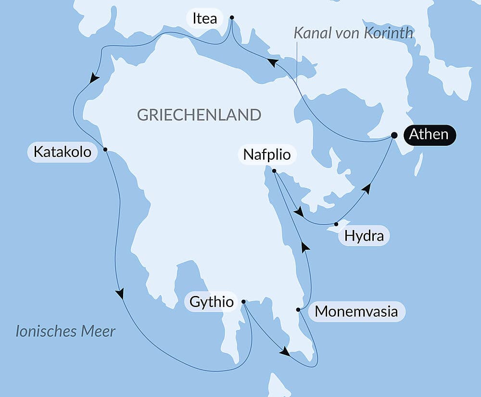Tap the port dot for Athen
(394, 135)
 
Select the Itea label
(204, 19)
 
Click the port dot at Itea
(232, 17)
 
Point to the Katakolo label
(62, 152)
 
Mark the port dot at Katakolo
(105, 149)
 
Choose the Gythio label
(212, 302)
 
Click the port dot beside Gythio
(243, 302)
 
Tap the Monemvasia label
(356, 311)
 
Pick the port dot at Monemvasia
(298, 309)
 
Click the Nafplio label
(267, 154)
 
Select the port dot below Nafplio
(274, 171)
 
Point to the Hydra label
(364, 236)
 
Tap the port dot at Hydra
(336, 224)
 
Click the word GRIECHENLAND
(199, 115)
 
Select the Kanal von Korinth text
(353, 33)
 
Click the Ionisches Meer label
(65, 331)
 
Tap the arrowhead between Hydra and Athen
(367, 189)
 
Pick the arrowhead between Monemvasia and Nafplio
(304, 247)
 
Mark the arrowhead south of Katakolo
(120, 293)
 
